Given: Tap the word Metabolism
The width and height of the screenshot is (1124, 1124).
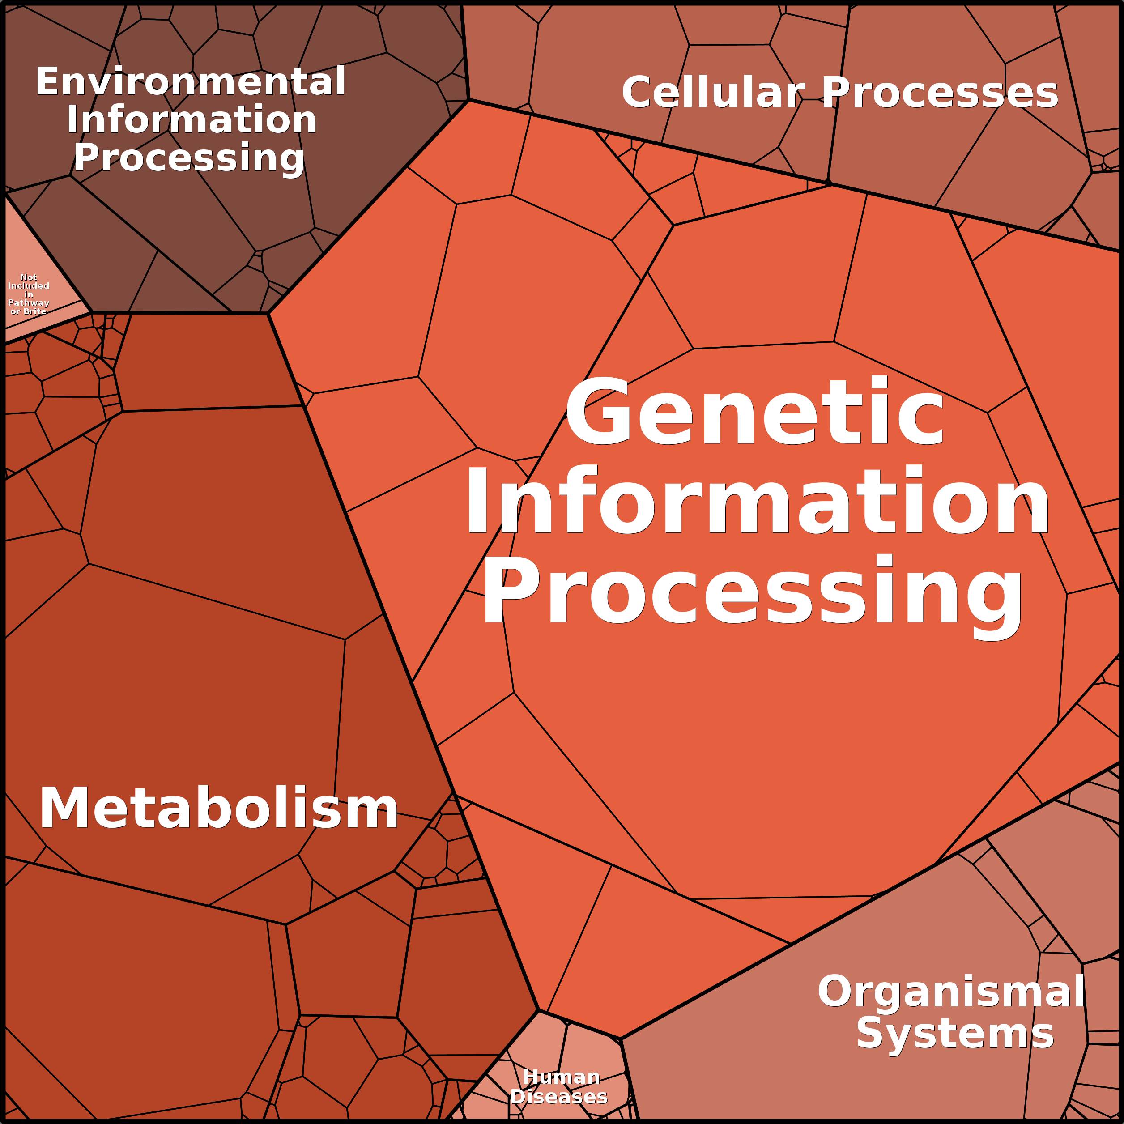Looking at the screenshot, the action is coord(219,809).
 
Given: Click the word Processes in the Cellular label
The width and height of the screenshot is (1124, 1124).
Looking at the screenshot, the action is coord(940,92).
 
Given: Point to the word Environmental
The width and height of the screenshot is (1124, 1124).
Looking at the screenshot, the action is coord(191,81).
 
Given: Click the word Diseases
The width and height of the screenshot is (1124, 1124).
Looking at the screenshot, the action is coord(559,1096).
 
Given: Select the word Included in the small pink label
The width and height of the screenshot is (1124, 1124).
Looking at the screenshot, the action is coord(29,285).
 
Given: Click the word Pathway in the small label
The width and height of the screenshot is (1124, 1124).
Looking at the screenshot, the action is coord(29,302).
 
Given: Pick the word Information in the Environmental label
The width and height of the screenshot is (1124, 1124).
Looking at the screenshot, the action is coord(192,119).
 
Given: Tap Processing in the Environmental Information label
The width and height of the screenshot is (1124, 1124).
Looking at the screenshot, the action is coord(189,158).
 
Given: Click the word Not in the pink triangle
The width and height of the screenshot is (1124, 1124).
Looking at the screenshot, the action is coord(29,277).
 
